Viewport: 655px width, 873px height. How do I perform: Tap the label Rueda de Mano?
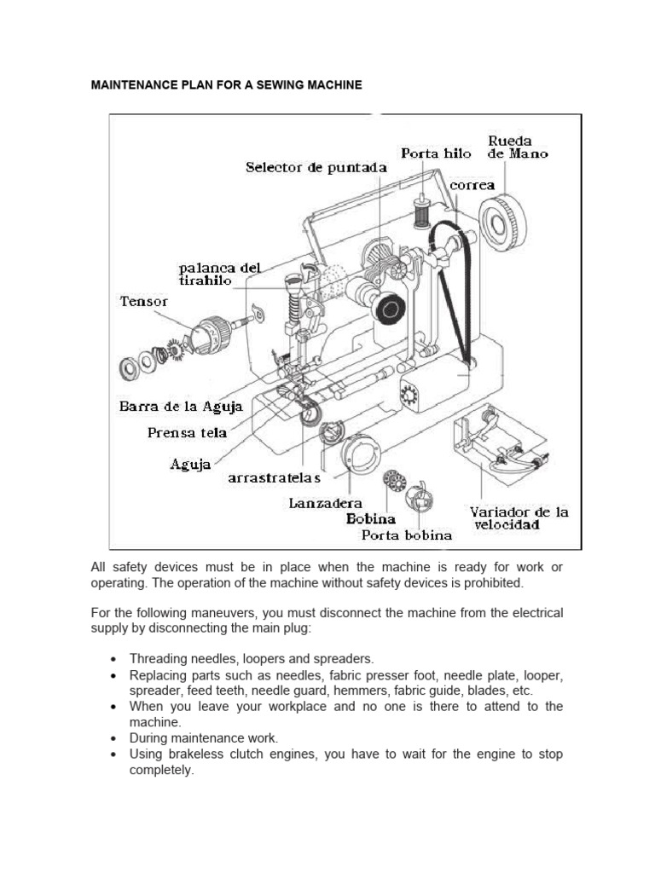click(x=517, y=147)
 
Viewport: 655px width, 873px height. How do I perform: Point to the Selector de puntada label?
click(x=316, y=168)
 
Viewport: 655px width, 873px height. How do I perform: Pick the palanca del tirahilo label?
click(x=219, y=274)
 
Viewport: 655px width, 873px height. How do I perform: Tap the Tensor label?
click(x=144, y=301)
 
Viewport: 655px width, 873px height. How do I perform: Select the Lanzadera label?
click(x=324, y=504)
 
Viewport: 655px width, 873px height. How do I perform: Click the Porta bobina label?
click(x=406, y=535)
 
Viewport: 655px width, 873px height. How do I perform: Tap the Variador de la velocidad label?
click(x=519, y=518)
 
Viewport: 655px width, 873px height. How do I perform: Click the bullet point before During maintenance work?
click(x=113, y=738)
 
